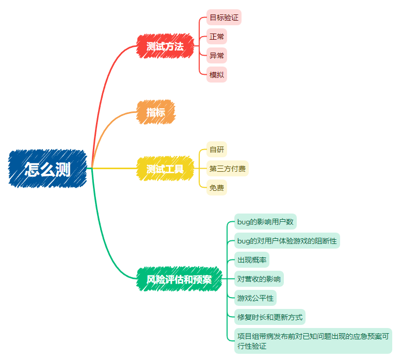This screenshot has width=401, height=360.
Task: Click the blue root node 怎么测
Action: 47,168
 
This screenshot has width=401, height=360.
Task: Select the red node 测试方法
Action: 165,46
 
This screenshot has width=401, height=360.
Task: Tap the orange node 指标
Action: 156,112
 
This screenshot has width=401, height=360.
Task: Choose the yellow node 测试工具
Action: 165,168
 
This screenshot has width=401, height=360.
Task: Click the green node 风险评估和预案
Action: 179,279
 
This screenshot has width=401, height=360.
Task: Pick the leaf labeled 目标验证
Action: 224,18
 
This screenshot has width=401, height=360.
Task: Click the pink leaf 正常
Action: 217,37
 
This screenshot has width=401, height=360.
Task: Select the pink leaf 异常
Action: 217,56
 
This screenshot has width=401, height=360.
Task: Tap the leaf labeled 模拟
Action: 217,75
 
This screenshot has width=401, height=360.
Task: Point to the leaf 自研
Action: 217,150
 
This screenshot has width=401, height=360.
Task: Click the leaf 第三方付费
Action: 228,168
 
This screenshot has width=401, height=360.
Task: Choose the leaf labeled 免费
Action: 217,187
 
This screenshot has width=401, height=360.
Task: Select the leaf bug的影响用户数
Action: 265,222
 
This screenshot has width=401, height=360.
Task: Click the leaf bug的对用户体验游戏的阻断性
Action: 287,240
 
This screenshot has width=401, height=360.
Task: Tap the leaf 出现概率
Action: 252,260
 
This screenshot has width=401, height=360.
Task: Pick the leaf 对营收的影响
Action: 259,279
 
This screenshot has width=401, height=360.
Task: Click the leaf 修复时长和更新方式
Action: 270,316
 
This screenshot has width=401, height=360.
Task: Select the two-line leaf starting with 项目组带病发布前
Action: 313,340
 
